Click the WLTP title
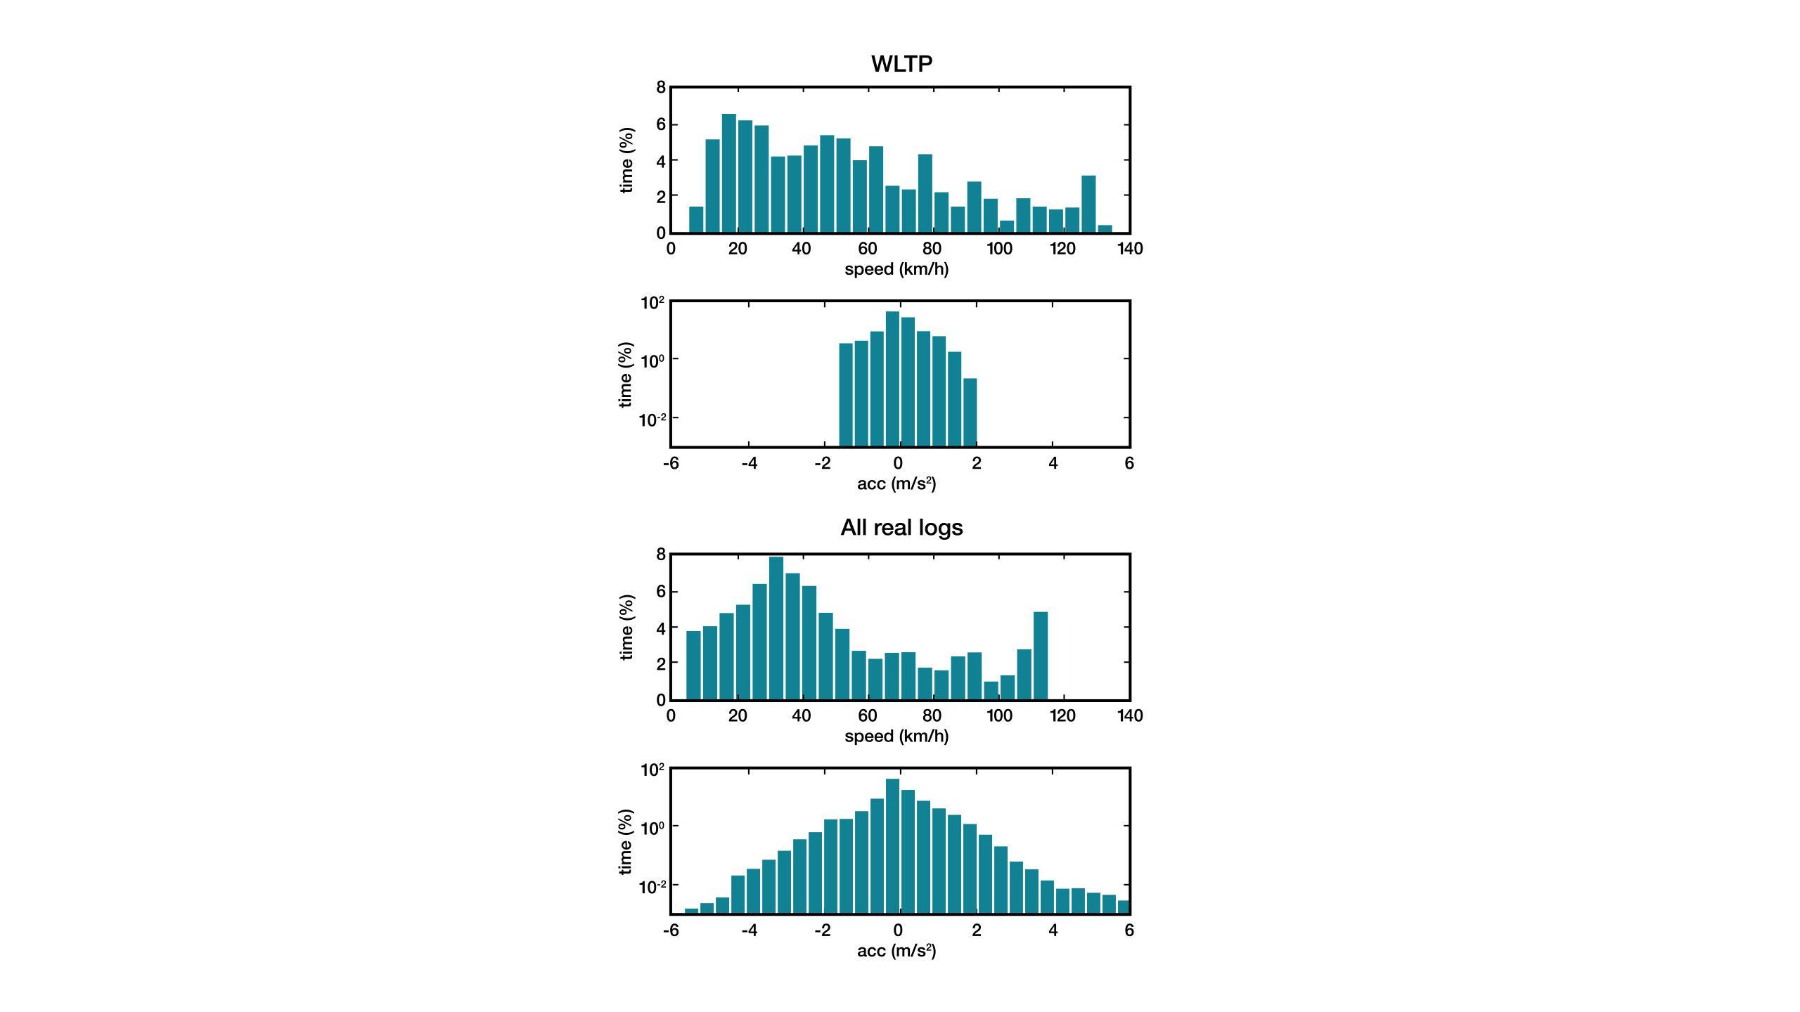pos(901,64)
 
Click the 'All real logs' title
pos(901,528)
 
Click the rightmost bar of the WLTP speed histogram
pos(1105,228)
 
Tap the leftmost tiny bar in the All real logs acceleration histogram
pos(691,911)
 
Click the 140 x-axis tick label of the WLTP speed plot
pos(1129,249)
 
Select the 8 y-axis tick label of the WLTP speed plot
pos(660,87)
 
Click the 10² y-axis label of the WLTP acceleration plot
pos(652,303)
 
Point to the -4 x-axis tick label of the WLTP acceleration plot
pos(749,463)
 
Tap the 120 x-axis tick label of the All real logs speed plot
pos(1062,716)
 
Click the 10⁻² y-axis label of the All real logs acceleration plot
pos(651,887)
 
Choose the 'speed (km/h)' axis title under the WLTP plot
pos(896,269)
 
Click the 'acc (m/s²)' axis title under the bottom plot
pos(896,951)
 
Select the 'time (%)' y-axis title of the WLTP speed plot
pos(626,160)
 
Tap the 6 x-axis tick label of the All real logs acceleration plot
pos(1129,930)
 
